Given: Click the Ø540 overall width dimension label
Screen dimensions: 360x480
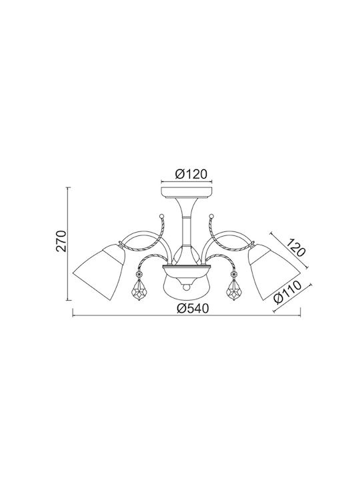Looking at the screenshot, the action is (193, 308).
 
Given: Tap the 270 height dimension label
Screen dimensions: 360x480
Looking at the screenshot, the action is (61, 241).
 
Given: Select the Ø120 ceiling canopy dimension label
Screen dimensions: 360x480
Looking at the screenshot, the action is (191, 174).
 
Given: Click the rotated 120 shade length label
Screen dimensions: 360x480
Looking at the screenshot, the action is (296, 247).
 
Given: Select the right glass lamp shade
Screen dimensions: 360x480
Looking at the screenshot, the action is (274, 272).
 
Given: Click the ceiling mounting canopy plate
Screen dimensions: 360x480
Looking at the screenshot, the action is (187, 191).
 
